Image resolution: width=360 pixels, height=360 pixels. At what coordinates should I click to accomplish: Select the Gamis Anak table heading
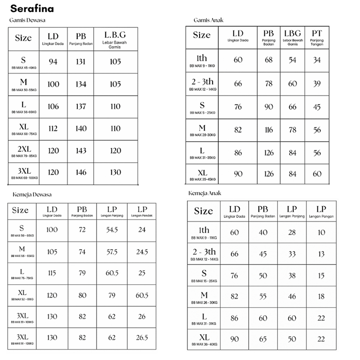pos(208,20)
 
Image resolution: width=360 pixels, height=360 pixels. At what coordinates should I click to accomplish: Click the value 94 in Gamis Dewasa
pos(53,61)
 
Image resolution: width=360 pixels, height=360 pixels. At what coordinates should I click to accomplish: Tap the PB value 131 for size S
pos(81,61)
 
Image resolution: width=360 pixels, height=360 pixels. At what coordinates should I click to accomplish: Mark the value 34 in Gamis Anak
pos(317,60)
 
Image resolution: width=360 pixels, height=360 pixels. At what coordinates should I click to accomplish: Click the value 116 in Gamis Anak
pos(269,130)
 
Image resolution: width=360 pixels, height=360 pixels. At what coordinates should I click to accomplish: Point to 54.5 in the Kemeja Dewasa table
pos(112,230)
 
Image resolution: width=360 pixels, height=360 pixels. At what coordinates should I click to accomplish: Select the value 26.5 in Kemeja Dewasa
pos(142,337)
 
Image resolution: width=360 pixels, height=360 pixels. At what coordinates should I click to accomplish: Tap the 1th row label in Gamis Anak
pos(202,58)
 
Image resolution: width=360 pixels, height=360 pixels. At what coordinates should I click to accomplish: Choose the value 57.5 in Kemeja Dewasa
pos(112,251)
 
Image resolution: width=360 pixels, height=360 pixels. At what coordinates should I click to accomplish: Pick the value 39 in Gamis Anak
pos(317,84)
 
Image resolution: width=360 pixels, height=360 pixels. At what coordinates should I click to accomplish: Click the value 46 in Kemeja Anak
pos(292,297)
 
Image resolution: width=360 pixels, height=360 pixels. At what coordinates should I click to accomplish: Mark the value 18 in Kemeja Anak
pos(321,297)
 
